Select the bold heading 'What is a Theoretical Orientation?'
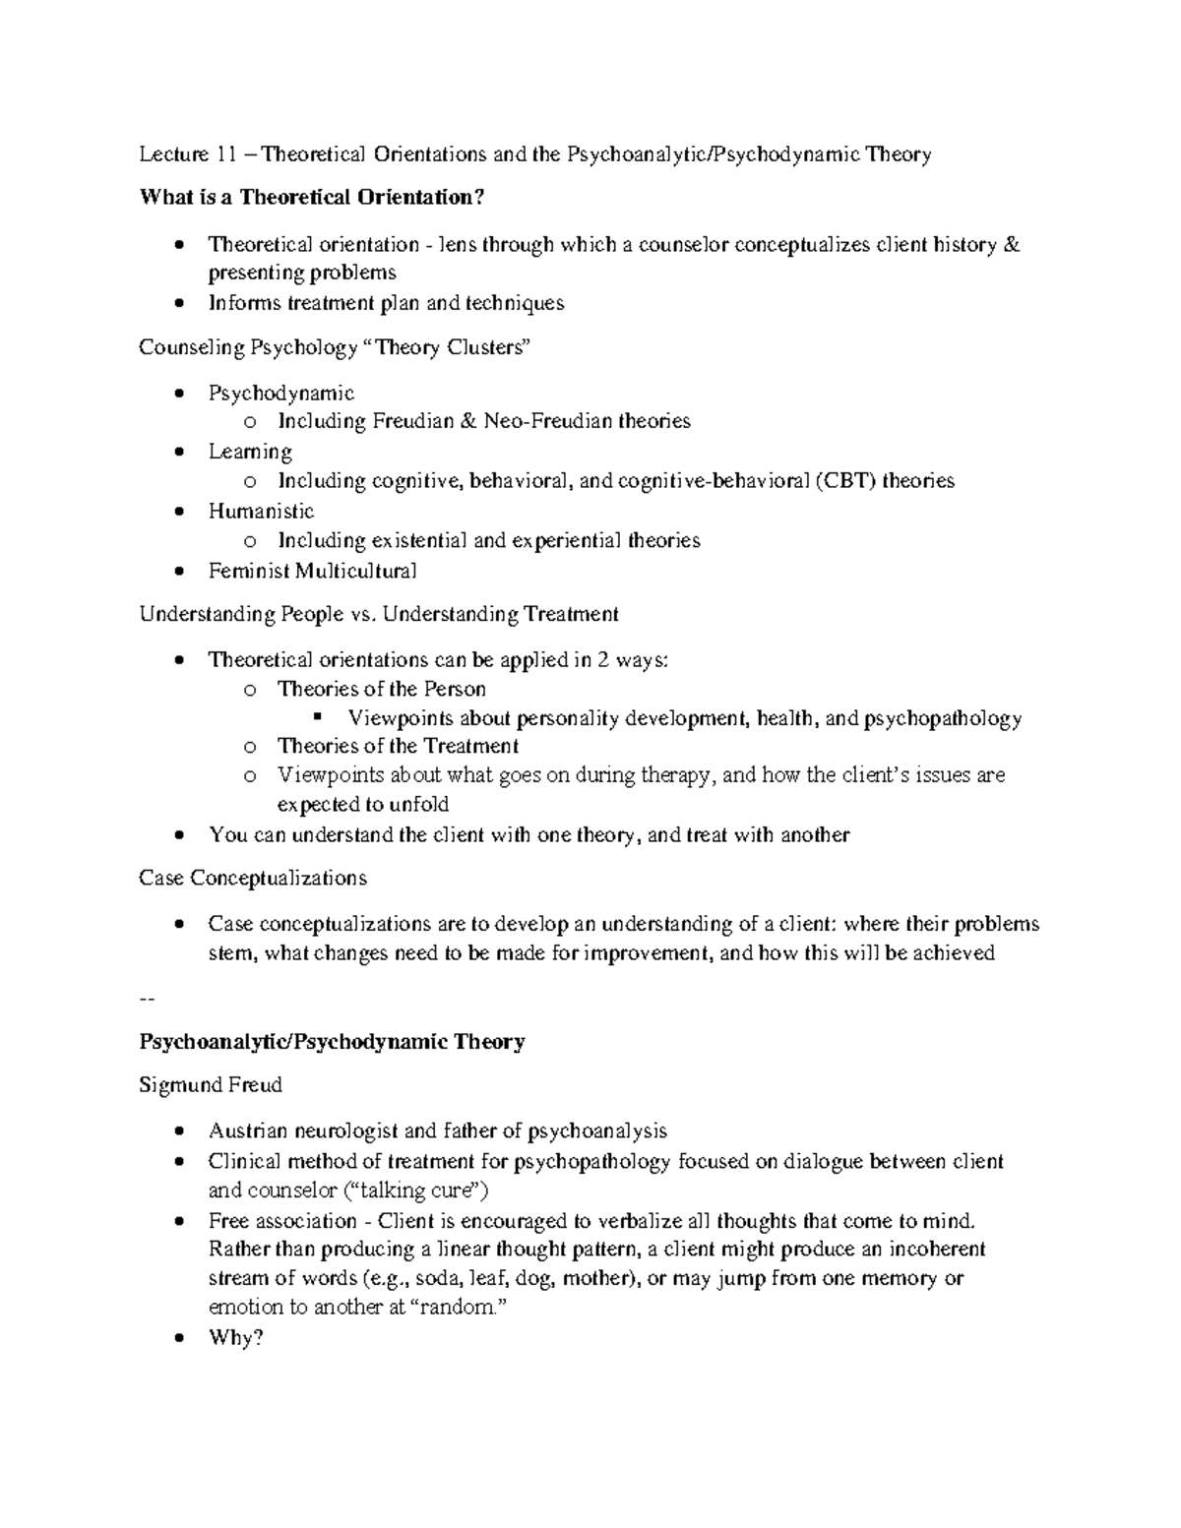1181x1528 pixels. click(x=313, y=198)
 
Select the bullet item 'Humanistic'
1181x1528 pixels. click(x=261, y=511)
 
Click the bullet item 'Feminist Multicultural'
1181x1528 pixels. click(x=312, y=571)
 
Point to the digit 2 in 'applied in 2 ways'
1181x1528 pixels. click(x=603, y=659)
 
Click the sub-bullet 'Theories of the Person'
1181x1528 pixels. click(x=382, y=689)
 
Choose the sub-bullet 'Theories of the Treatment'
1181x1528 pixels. click(x=398, y=746)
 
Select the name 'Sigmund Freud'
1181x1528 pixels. click(x=211, y=1085)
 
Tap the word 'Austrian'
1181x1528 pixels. click(x=246, y=1131)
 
